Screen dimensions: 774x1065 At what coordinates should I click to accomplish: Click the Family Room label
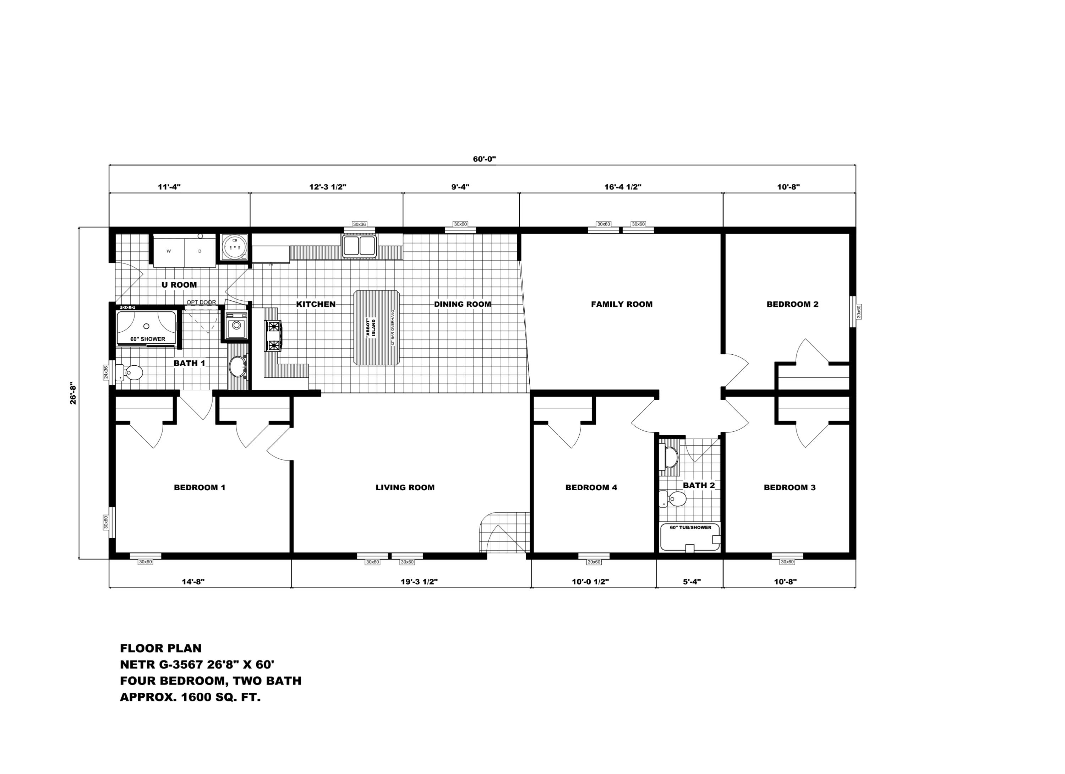pyautogui.click(x=621, y=304)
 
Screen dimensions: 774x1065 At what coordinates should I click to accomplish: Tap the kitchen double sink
pyautogui.click(x=359, y=246)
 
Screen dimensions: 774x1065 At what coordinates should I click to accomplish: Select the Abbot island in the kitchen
pyautogui.click(x=377, y=327)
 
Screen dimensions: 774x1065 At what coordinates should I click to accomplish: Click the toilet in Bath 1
pyautogui.click(x=131, y=373)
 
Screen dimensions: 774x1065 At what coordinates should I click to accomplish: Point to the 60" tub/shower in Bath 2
pyautogui.click(x=689, y=538)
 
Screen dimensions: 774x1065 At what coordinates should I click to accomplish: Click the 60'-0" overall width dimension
pyautogui.click(x=484, y=159)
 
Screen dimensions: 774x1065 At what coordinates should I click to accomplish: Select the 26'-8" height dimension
pyautogui.click(x=73, y=394)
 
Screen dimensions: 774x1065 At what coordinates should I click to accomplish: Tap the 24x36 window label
pyautogui.click(x=106, y=372)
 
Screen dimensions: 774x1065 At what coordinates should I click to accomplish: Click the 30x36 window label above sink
pyautogui.click(x=359, y=224)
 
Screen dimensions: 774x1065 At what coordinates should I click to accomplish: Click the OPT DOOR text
pyautogui.click(x=201, y=302)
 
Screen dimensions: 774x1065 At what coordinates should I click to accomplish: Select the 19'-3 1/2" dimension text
pyautogui.click(x=419, y=582)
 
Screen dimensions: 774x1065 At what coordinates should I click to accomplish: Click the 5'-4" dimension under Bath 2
pyautogui.click(x=691, y=582)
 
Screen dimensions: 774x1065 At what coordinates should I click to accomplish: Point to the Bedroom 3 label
pyautogui.click(x=790, y=487)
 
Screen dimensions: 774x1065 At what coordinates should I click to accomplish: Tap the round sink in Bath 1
pyautogui.click(x=237, y=367)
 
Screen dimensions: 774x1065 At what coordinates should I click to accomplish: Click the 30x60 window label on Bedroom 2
pyautogui.click(x=859, y=312)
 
